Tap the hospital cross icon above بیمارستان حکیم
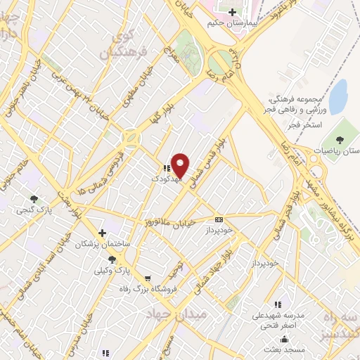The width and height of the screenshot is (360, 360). (232, 12)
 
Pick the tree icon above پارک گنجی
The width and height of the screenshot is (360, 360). (34, 199)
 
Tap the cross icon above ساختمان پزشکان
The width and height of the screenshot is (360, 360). (103, 232)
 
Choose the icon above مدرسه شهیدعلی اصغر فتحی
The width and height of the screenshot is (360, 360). (278, 304)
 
